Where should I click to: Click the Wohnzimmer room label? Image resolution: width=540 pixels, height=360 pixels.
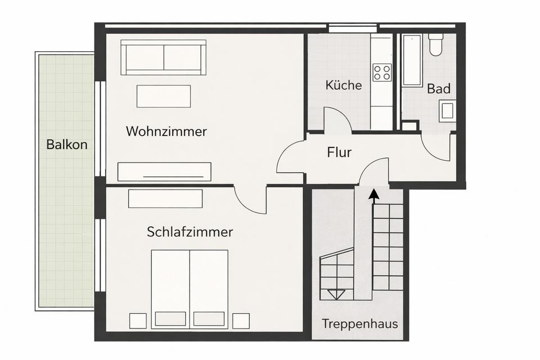pos(166,132)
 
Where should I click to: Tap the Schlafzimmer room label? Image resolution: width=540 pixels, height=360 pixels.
pos(190,232)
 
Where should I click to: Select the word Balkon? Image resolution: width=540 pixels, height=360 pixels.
pos(67,145)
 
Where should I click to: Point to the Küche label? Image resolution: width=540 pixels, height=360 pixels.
pos(343,86)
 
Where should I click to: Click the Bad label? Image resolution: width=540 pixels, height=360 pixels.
pos(438,89)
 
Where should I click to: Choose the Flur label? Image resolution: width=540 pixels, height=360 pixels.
pos(339,152)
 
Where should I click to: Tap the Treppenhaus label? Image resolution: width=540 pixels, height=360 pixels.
pos(360,324)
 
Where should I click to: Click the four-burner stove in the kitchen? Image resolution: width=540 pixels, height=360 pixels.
pos(382,73)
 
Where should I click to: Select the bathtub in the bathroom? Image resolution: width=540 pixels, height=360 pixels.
pos(412,60)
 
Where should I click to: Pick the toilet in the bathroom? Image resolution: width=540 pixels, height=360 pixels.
pos(436,44)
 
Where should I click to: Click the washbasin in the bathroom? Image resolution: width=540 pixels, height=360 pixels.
pos(448,110)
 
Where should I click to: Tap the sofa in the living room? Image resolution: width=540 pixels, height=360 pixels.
pos(163,57)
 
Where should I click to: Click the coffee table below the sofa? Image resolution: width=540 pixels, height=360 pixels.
pos(164,96)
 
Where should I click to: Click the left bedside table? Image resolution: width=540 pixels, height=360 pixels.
pos(138,321)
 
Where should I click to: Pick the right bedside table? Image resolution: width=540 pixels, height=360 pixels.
pos(241,321)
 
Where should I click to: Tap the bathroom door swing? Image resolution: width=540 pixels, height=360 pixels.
pos(436,147)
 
